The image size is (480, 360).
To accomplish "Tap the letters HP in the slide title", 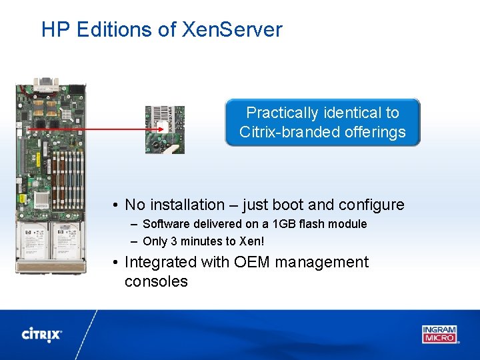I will (56, 30).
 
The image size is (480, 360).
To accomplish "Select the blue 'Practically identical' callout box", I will (323, 123).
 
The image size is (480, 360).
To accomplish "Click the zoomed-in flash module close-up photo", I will (165, 129).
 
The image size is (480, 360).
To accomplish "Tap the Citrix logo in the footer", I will (42, 334).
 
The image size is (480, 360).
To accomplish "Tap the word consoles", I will (156, 281).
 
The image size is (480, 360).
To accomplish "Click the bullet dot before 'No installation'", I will (115, 205).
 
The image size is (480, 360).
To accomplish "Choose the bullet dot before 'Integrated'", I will (115, 263).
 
